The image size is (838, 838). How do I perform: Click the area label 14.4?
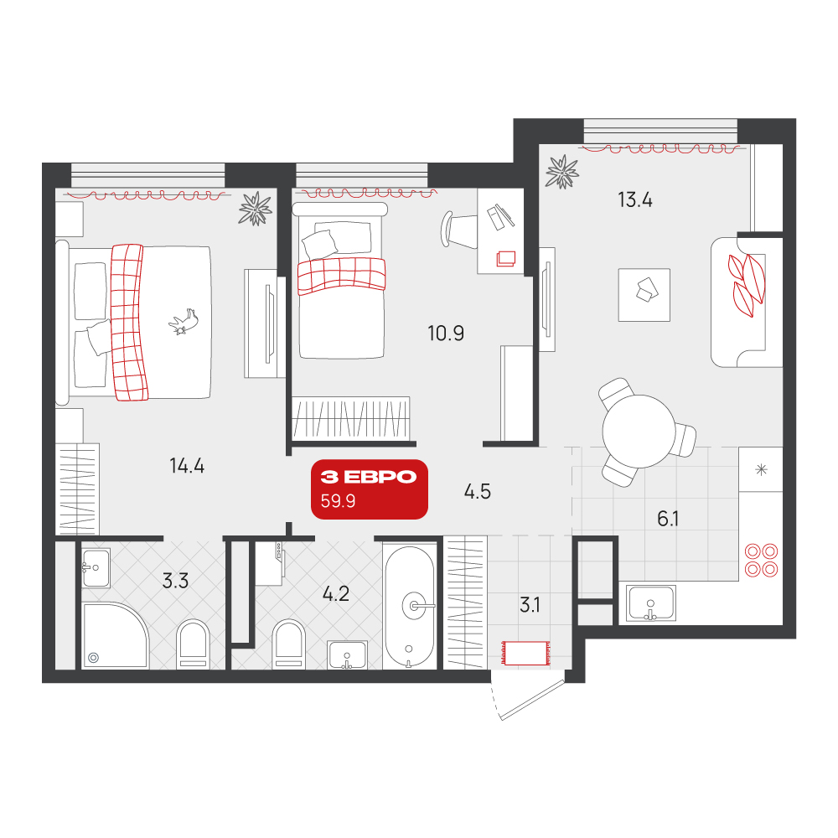click(187, 466)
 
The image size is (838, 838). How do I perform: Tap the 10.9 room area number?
click(446, 334)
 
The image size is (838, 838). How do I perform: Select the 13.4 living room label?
click(635, 200)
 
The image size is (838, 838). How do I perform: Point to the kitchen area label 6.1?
click(668, 519)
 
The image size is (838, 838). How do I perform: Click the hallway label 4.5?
click(478, 492)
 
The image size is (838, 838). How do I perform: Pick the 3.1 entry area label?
click(530, 605)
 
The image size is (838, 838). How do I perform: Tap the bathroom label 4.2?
click(336, 594)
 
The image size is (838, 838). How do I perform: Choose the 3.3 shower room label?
click(175, 581)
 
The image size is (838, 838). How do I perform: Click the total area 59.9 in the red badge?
click(338, 501)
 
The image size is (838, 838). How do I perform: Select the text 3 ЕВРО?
click(368, 477)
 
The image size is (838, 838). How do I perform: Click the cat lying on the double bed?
click(184, 322)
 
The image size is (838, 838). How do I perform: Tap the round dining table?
click(639, 432)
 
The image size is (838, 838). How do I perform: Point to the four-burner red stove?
click(762, 560)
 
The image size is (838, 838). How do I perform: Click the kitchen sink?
click(650, 603)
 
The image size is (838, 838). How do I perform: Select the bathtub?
click(410, 607)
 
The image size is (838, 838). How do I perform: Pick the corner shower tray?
click(115, 635)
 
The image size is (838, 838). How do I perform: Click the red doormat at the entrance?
click(526, 653)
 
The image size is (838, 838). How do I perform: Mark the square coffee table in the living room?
click(644, 295)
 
